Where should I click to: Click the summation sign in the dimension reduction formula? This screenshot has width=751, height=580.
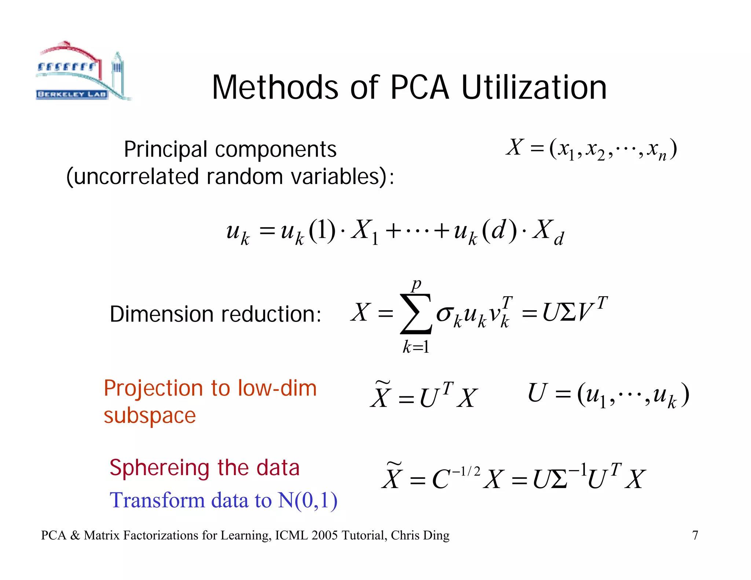tap(416, 314)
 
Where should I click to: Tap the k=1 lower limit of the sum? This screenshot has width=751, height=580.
tap(416, 347)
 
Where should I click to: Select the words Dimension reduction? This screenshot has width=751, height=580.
tap(215, 315)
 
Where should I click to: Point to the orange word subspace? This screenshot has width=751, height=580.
tap(150, 416)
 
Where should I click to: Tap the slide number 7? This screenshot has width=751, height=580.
tap(695, 536)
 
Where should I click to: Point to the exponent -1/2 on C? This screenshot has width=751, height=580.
tap(466, 471)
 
